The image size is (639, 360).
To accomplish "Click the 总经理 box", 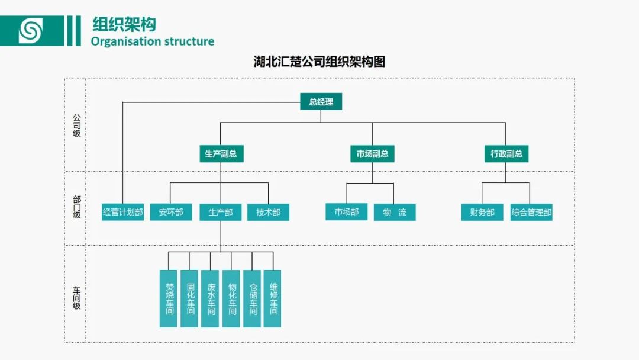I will point(321,102).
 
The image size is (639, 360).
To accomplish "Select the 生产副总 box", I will point(221,154).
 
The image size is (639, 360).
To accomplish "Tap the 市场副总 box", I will point(372,154).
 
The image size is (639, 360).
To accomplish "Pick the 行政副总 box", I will point(506,154).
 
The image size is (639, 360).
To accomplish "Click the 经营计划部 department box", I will point(122,212).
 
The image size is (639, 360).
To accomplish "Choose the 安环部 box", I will point(170,212).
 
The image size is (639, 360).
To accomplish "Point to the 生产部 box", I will point(221,212).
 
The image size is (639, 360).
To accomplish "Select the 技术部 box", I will point(268,212).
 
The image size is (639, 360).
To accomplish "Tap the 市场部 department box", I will point(347,212).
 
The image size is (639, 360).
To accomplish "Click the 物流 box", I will point(394,212).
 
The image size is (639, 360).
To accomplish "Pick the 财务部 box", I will point(482,212).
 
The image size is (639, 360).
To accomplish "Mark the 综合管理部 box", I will point(531,212).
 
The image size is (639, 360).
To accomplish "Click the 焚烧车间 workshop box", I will point(169,298).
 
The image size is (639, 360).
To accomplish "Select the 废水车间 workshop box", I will point(210,298).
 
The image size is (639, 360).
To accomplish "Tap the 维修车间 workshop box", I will point(273,298).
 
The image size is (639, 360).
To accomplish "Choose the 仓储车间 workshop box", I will point(252,298).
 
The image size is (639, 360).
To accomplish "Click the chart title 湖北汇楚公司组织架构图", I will point(319,62).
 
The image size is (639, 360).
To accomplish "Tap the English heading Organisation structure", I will point(153,41).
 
